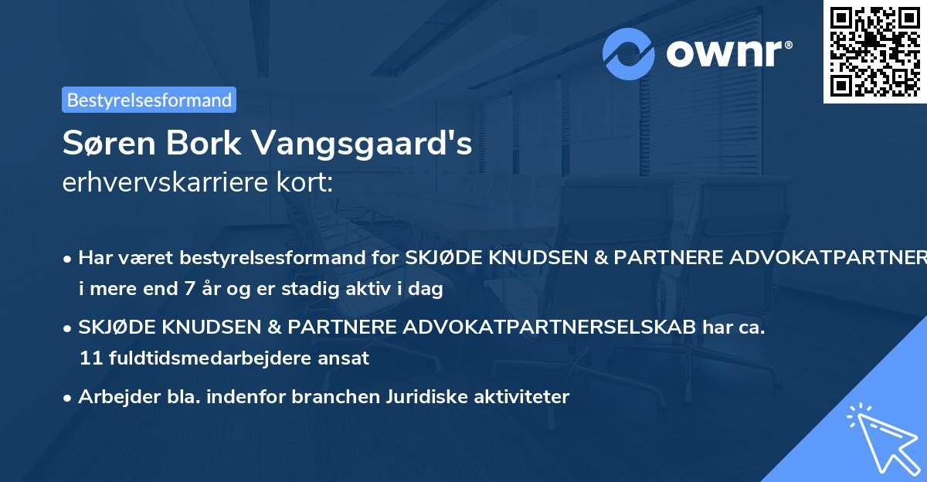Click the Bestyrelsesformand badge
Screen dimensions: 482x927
[149, 100]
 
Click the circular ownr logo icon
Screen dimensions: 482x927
[629, 54]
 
